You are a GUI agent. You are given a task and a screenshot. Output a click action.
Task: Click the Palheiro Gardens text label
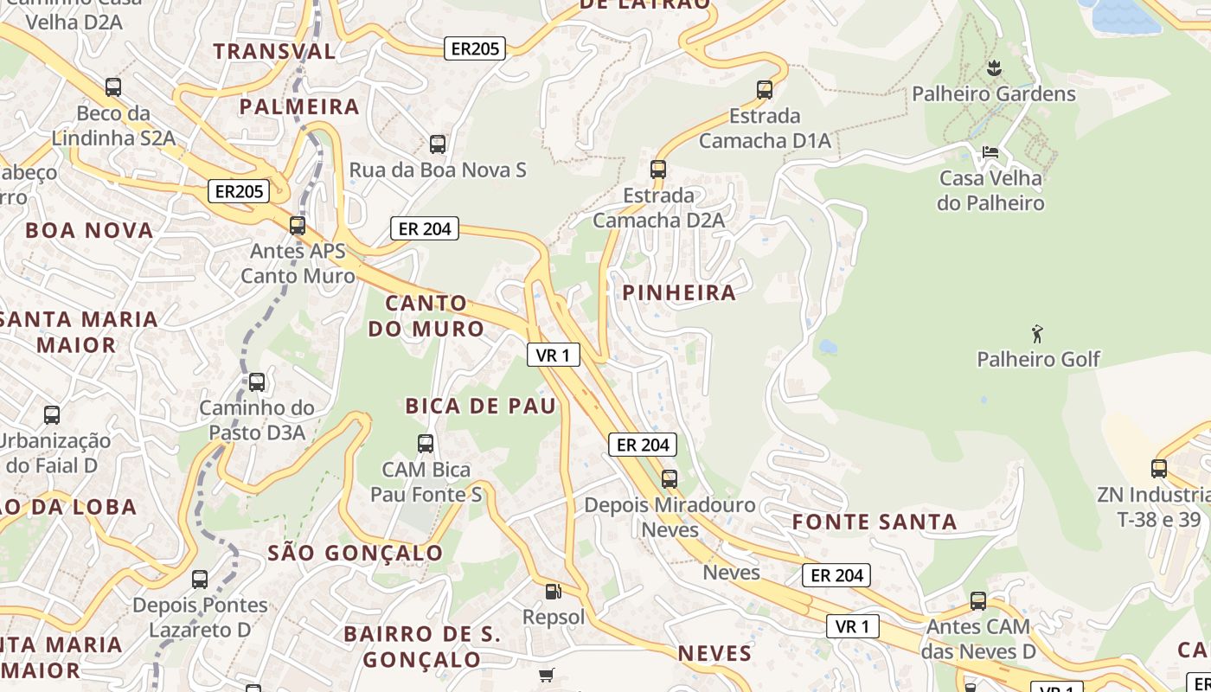[x=994, y=93]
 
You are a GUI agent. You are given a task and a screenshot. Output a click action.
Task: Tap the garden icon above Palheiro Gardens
[x=994, y=67]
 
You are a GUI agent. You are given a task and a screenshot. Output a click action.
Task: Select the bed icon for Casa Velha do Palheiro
[x=990, y=152]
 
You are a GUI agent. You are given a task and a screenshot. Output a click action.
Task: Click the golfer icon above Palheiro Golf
[x=1037, y=333]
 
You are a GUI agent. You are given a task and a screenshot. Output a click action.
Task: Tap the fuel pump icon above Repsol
[x=553, y=592]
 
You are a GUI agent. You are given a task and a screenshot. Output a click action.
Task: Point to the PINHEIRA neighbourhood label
[x=679, y=292]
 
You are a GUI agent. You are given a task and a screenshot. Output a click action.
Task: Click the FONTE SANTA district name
[x=875, y=522]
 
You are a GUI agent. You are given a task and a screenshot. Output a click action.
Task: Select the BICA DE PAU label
[x=481, y=406]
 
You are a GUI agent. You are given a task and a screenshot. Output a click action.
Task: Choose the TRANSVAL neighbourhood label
[x=274, y=51]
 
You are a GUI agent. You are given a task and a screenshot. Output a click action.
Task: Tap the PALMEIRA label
[x=299, y=106]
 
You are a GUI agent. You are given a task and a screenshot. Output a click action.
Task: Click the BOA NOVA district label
[x=89, y=230]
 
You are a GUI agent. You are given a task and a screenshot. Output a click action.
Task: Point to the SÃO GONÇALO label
[x=355, y=553]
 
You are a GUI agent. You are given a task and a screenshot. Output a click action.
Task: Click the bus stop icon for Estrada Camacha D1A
[x=764, y=89]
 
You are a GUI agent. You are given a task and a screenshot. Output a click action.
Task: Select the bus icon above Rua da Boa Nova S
[x=438, y=144]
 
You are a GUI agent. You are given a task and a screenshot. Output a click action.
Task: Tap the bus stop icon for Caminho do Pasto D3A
[x=257, y=381]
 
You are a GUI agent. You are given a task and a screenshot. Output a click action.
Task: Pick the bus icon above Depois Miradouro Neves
[x=669, y=478]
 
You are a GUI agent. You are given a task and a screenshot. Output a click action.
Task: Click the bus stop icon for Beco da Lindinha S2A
[x=113, y=86]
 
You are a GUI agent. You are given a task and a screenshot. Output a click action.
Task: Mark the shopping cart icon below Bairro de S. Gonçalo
[x=546, y=675]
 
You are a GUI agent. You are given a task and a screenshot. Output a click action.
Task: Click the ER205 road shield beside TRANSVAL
[x=475, y=48]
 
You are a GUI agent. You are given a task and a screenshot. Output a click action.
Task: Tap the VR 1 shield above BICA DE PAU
[x=553, y=355]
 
